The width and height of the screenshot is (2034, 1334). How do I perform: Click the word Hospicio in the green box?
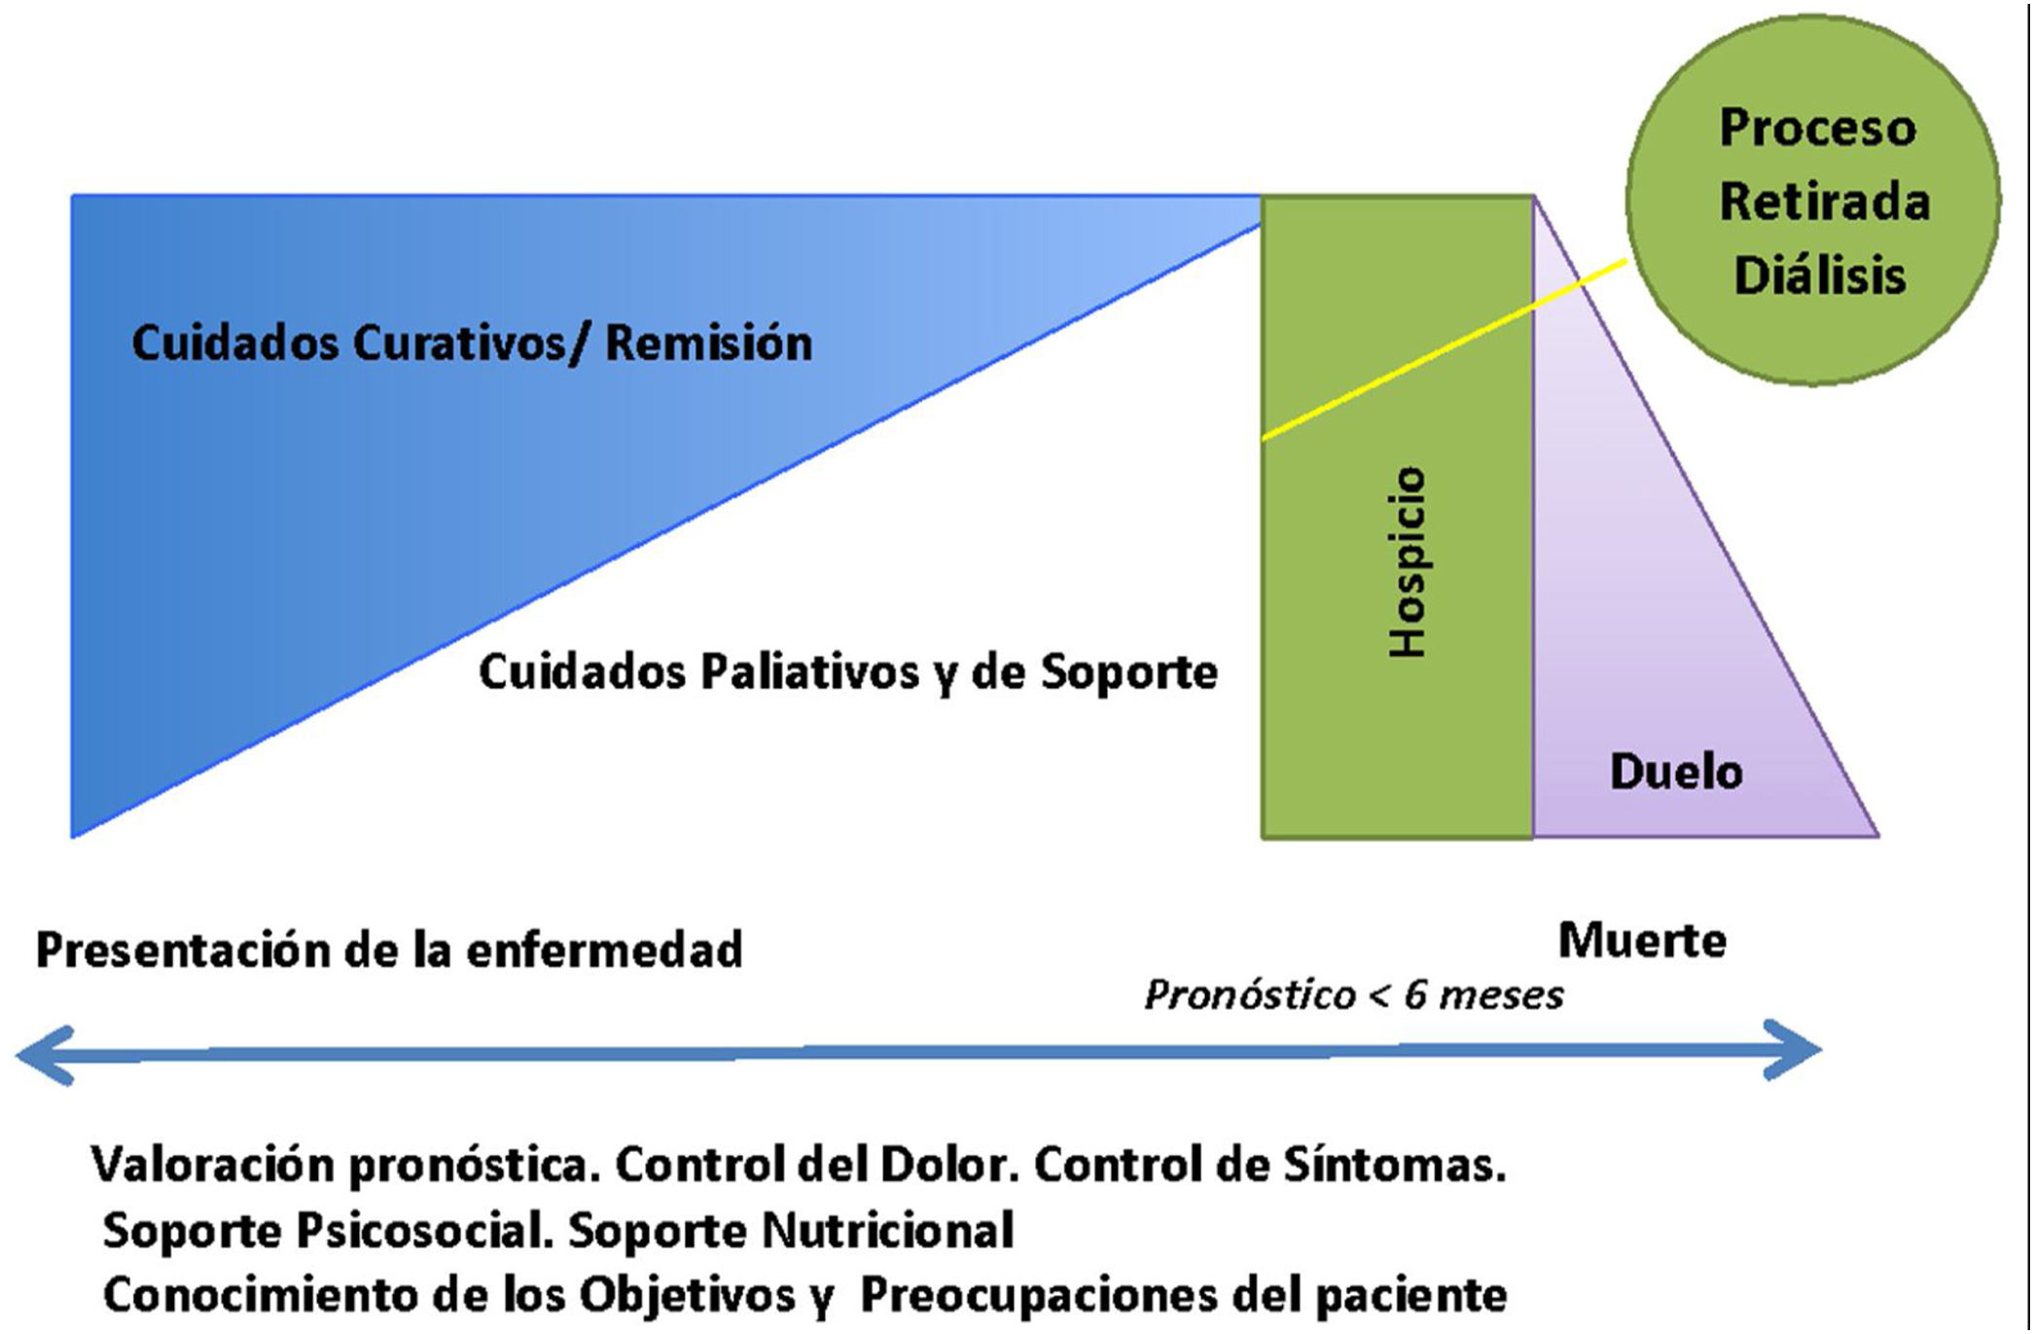[x=1408, y=562]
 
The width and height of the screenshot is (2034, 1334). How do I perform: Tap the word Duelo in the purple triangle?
[x=1676, y=772]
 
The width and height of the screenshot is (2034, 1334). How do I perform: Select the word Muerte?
[x=1642, y=941]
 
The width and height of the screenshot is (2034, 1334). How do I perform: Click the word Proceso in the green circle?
[x=1817, y=127]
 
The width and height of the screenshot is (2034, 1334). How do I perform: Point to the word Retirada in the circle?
[x=1824, y=201]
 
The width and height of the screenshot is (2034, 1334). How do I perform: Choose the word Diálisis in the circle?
[x=1819, y=275]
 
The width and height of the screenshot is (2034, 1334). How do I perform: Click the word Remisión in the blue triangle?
[x=708, y=343]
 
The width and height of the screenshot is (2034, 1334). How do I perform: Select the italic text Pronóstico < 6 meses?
[x=1353, y=995]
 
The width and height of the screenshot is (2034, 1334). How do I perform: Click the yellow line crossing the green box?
[x=1398, y=373]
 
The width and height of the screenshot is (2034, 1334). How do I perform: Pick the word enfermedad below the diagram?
[x=604, y=951]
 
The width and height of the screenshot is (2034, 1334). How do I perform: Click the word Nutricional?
[x=887, y=1230]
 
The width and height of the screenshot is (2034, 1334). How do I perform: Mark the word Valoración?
[x=215, y=1165]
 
